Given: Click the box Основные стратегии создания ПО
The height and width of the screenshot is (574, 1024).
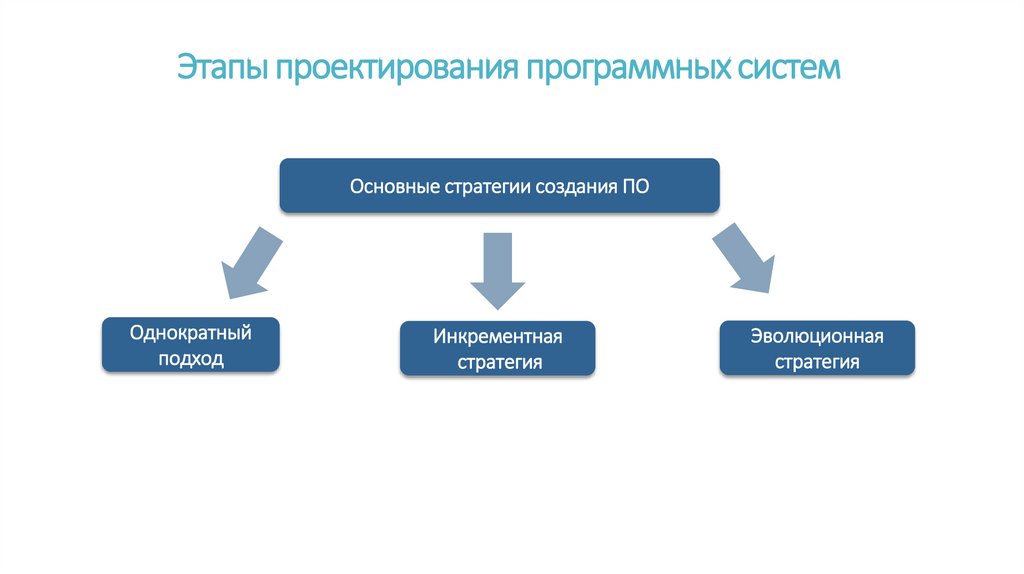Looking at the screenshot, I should pyautogui.click(x=499, y=185).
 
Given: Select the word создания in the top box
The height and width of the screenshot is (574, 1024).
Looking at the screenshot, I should pyautogui.click(x=573, y=186).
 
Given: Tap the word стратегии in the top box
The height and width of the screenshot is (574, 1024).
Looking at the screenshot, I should pyautogui.click(x=484, y=186).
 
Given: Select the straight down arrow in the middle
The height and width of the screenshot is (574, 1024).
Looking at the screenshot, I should pyautogui.click(x=497, y=268).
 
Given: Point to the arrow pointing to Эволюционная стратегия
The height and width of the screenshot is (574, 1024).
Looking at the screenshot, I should pyautogui.click(x=746, y=260).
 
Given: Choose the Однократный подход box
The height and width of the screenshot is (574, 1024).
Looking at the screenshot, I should pyautogui.click(x=190, y=345).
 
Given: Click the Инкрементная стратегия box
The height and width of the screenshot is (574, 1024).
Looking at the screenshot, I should pyautogui.click(x=497, y=348).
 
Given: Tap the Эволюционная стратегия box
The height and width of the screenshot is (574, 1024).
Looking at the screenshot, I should pyautogui.click(x=817, y=348).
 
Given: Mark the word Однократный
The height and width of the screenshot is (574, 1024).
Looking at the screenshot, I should pyautogui.click(x=190, y=332).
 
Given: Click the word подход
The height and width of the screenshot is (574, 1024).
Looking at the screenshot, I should pyautogui.click(x=190, y=358).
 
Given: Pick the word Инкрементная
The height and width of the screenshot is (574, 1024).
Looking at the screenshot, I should pyautogui.click(x=498, y=336).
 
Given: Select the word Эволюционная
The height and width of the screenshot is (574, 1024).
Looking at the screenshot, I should pyautogui.click(x=817, y=336).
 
